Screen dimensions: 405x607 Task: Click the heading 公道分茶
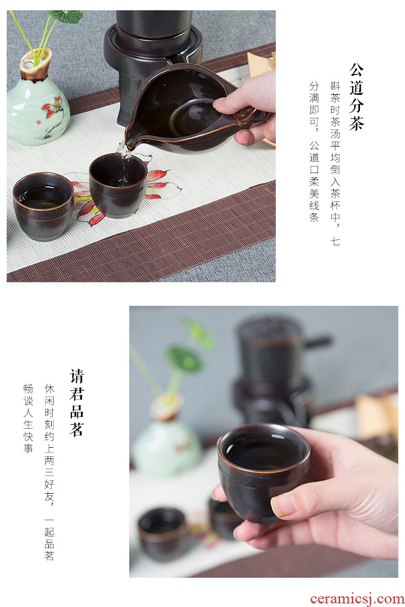(356, 96)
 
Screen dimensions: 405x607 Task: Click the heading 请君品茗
(77, 403)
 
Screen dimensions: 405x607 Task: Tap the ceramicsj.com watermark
(357, 599)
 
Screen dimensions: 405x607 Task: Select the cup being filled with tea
(118, 184)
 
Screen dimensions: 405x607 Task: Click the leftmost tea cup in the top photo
(44, 206)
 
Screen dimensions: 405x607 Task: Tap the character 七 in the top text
(335, 242)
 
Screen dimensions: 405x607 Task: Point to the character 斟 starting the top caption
(335, 86)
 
